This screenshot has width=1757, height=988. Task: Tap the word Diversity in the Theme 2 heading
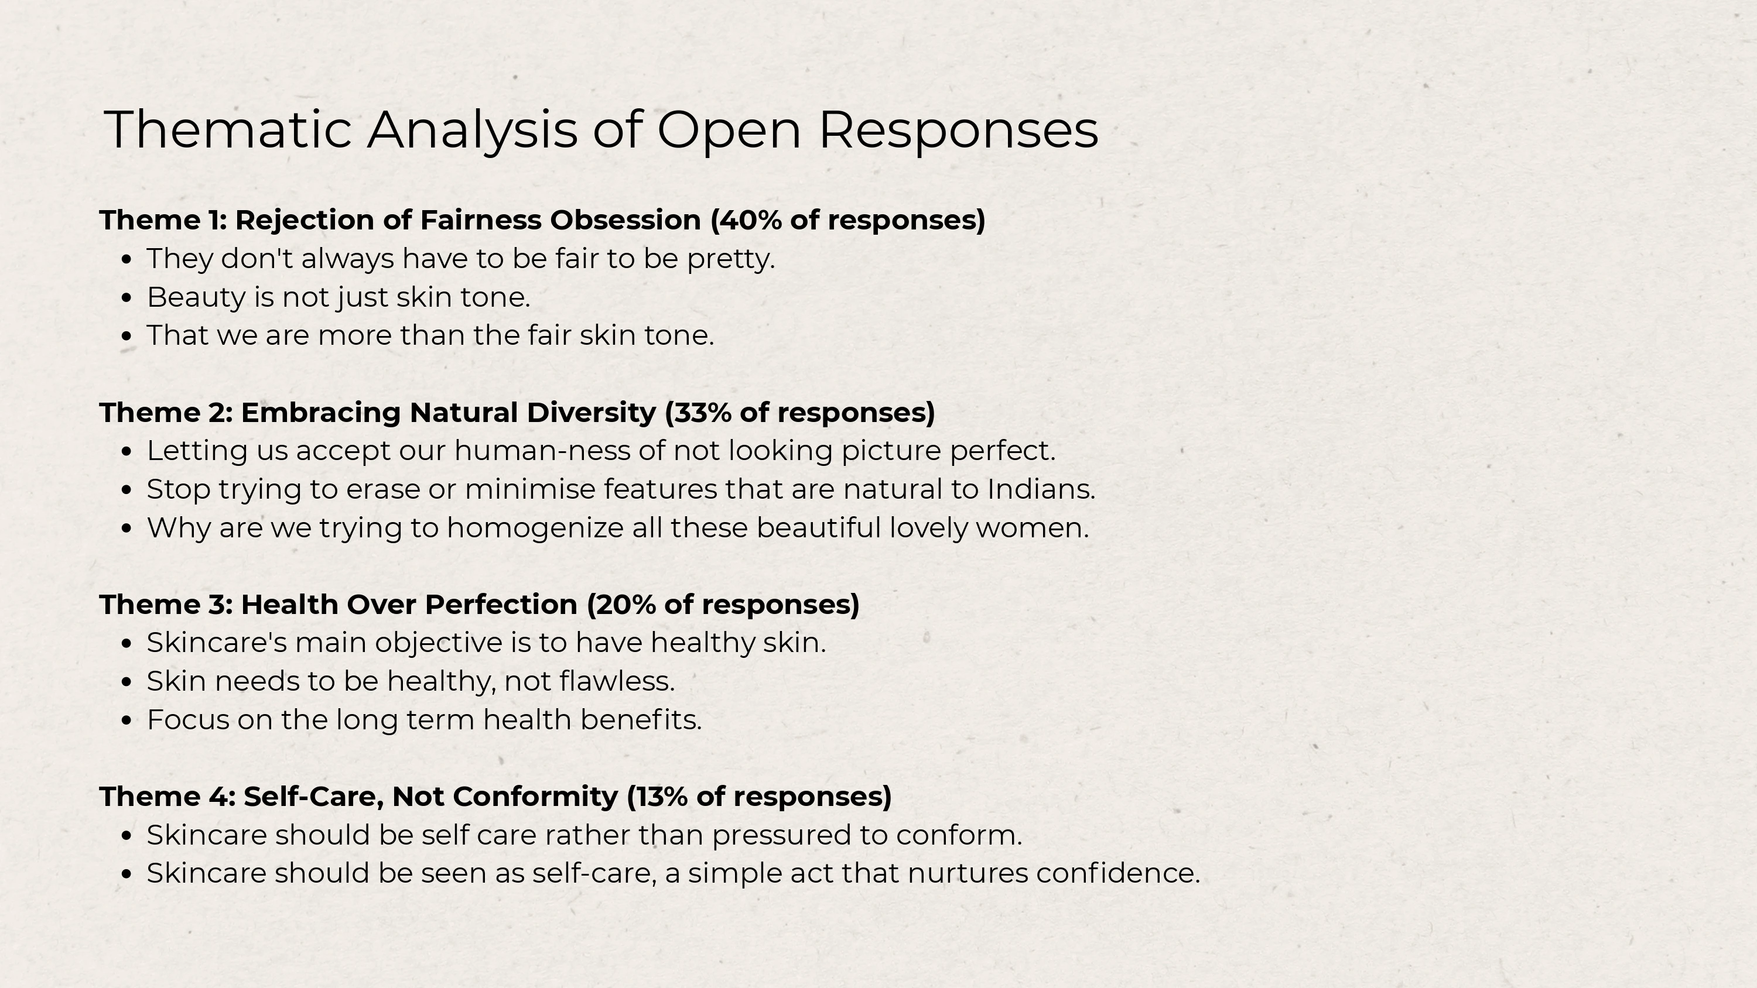592,413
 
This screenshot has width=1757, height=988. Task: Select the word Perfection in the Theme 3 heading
501,605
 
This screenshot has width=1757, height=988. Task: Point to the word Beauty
196,298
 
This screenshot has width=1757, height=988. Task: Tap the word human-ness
559,451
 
